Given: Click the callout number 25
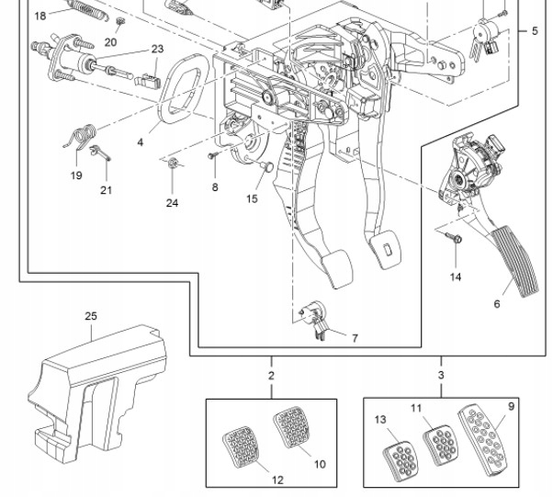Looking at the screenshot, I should (90, 316).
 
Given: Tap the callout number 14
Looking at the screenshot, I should (455, 277).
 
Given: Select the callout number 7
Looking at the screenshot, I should (355, 338).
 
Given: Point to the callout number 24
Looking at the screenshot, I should (172, 203).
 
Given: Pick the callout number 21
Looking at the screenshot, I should (106, 190).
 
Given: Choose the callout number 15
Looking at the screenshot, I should (252, 198).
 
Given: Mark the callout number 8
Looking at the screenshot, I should (215, 187).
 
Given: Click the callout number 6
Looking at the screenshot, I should (497, 303).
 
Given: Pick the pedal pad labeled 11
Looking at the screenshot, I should (437, 440).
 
